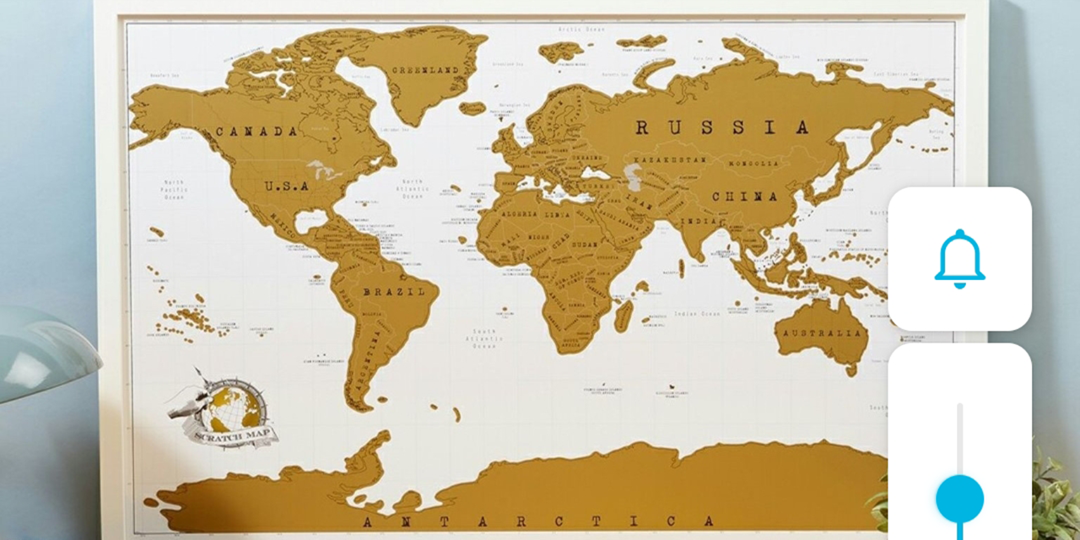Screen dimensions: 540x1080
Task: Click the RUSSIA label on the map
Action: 721,128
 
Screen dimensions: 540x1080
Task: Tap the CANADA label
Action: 256,132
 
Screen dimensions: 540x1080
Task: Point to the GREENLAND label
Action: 429,70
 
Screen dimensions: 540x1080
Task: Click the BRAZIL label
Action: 394,292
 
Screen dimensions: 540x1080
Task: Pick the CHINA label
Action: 745,197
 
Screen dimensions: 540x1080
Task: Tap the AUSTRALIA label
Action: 823,332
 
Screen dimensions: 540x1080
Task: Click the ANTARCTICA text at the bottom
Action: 540,521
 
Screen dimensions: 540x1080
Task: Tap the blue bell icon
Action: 959,259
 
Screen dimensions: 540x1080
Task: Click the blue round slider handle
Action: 959,498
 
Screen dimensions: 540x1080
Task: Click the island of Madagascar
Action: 624,314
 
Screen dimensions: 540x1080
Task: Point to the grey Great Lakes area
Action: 326,170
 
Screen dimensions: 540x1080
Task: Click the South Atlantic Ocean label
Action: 484,338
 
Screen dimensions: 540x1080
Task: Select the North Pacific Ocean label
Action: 174,190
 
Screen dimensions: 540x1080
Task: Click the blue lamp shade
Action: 42,350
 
